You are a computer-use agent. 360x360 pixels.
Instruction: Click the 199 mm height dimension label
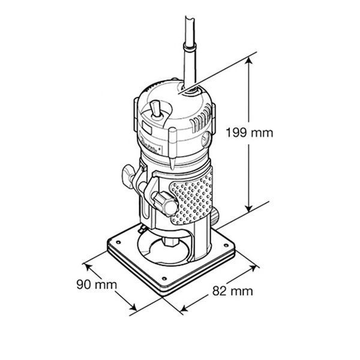coord(250,133)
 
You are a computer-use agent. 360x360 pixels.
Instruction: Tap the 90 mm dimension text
coord(97,284)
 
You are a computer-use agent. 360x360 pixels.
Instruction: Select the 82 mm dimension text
coord(233,291)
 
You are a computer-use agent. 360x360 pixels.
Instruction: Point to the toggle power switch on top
coord(155,110)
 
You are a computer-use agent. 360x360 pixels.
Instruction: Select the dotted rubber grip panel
coord(193,197)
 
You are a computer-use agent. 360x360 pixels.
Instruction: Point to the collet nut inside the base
coord(171,242)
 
